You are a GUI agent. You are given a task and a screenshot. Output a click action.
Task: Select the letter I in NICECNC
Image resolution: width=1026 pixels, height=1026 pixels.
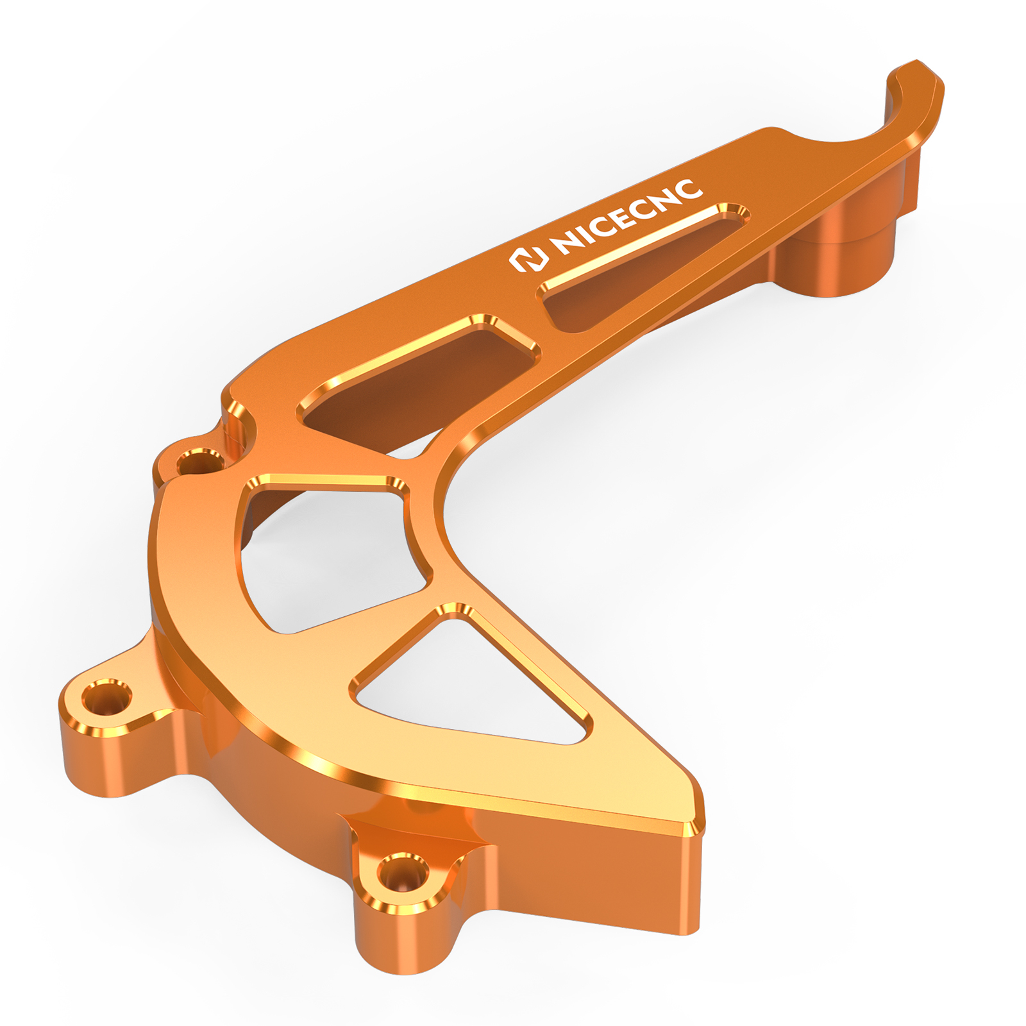click(x=583, y=235)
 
